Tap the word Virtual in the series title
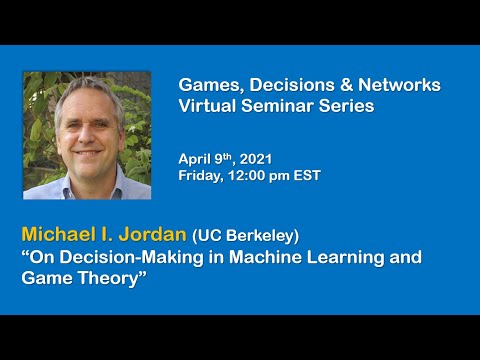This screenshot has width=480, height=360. pyautogui.click(x=206, y=106)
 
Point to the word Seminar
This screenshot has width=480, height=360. pyautogui.click(x=276, y=106)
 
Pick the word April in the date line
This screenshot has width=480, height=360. pyautogui.click(x=194, y=158)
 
